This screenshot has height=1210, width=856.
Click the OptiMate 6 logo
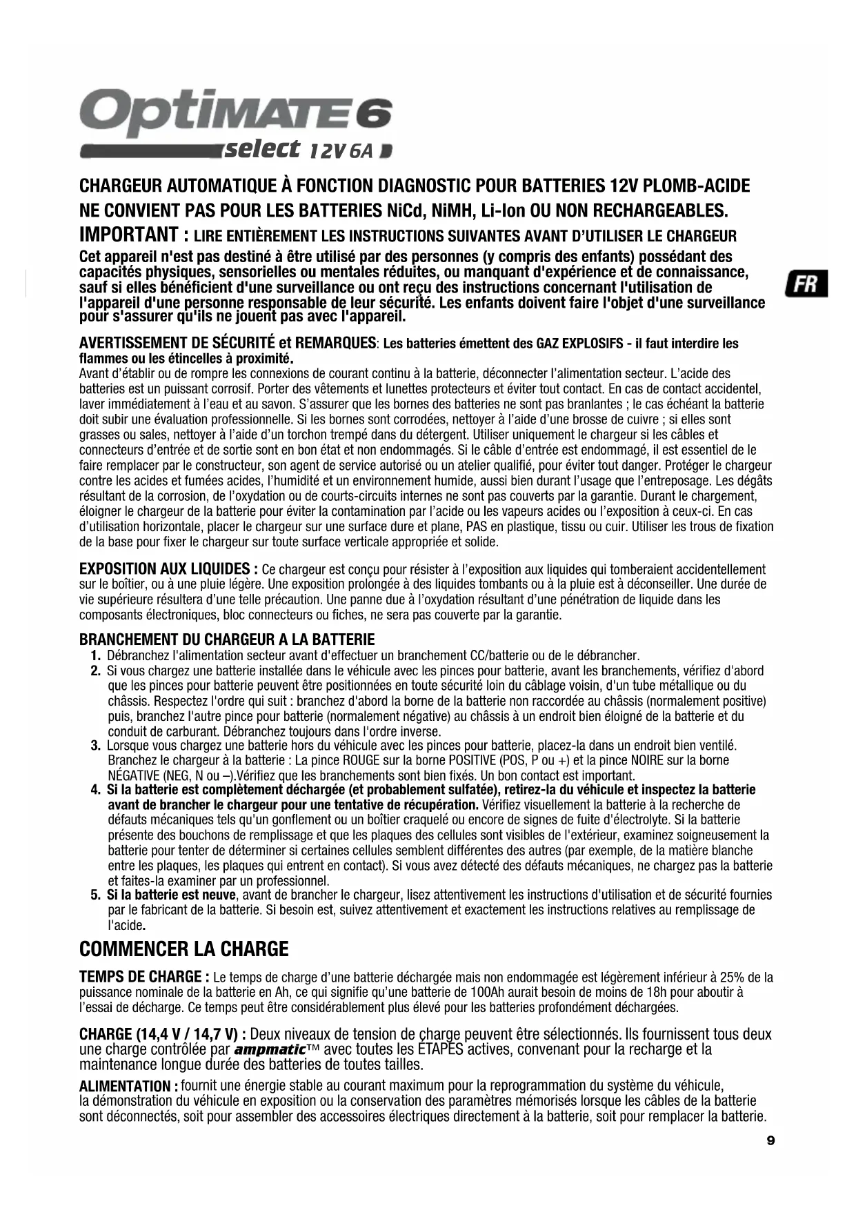236,112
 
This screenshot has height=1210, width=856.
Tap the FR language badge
806,284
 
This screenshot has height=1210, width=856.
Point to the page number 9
770,1141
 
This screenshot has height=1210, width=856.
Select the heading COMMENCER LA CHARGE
184,949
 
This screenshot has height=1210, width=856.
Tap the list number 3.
96,746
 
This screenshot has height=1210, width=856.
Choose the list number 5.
96,895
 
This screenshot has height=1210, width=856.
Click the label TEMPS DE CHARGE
141,977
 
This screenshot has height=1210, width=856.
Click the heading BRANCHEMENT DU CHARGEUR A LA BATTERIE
227,639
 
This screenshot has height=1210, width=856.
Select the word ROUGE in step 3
360,761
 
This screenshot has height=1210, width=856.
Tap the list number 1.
96,655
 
